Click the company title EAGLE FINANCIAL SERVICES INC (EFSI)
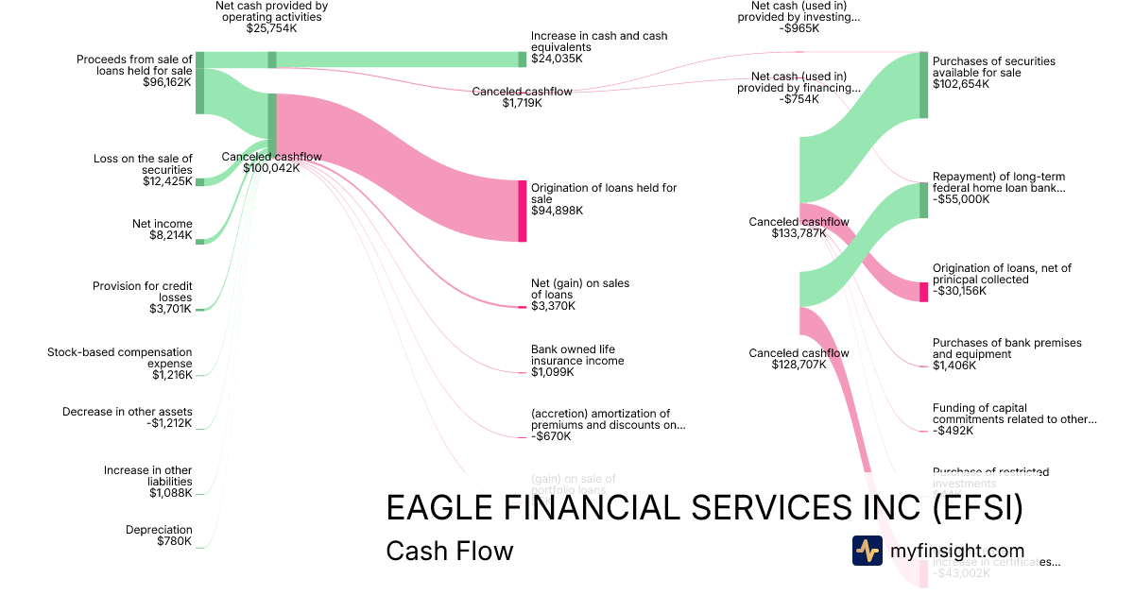(x=704, y=509)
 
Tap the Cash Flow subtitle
(x=449, y=551)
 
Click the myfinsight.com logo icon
(x=867, y=551)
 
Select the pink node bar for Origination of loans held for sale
(x=522, y=211)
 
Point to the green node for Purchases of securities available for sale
(x=924, y=85)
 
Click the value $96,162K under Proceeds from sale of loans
(x=165, y=82)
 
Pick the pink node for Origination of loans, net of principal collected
(x=924, y=291)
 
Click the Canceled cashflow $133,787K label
(x=799, y=228)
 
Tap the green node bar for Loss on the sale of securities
(x=199, y=182)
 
